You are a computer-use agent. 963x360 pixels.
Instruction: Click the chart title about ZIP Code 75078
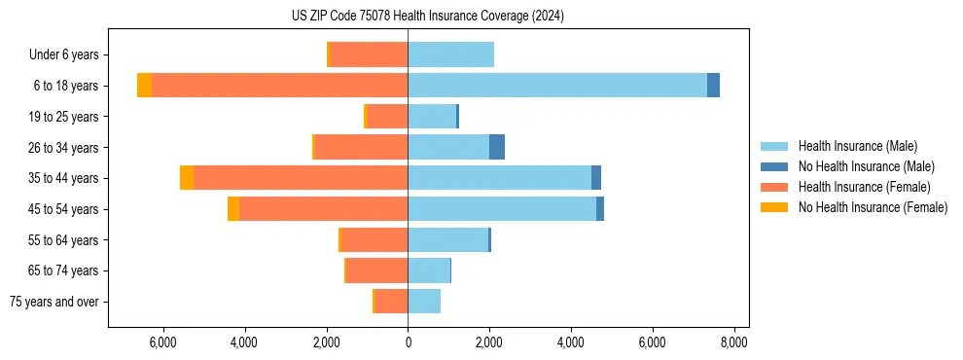(x=427, y=17)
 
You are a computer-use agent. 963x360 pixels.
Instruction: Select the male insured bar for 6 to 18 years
(x=556, y=86)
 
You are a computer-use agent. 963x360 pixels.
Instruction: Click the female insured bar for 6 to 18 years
(x=279, y=86)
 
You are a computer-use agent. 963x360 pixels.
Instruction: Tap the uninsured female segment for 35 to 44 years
(x=187, y=178)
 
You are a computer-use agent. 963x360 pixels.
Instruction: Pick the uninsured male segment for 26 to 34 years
(x=497, y=147)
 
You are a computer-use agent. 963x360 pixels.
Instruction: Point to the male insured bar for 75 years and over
(x=424, y=302)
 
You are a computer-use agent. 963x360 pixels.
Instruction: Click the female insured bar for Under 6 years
(x=369, y=54)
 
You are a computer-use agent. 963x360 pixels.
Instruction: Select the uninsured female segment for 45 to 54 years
(x=233, y=209)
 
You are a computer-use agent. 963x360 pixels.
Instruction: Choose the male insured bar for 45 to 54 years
(x=502, y=209)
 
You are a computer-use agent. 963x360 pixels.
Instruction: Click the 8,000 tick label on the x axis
(x=733, y=342)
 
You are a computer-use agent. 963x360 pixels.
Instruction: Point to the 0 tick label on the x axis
(x=408, y=342)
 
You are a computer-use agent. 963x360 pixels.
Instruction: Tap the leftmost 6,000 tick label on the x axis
(x=162, y=342)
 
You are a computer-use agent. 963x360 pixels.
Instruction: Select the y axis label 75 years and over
(x=54, y=302)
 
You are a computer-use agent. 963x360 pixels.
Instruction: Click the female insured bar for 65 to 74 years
(x=376, y=270)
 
